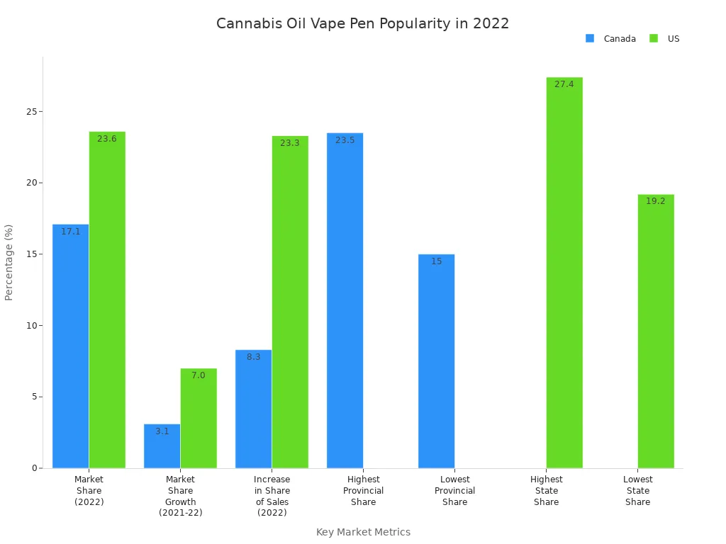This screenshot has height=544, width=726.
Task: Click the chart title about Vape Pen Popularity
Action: point(362,23)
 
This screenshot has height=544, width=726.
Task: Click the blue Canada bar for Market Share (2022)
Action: point(71,347)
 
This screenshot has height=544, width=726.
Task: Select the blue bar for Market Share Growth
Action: point(162,446)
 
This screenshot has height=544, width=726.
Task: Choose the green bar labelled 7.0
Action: point(199,419)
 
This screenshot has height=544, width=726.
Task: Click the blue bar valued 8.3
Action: point(254,409)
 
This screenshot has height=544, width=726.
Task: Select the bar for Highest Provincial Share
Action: point(345,301)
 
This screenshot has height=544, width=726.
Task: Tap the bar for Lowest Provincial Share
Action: point(437,361)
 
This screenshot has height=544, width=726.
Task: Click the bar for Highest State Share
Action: point(564,273)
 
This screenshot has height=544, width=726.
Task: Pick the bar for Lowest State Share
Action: point(656,331)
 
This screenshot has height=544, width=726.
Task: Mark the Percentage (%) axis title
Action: point(9,262)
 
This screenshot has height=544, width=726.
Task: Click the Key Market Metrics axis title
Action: point(363,532)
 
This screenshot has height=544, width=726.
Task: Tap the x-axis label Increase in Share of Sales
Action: point(272,496)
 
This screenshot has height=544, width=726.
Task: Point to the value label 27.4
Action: point(564,84)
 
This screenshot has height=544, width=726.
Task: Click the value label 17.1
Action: point(71,232)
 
